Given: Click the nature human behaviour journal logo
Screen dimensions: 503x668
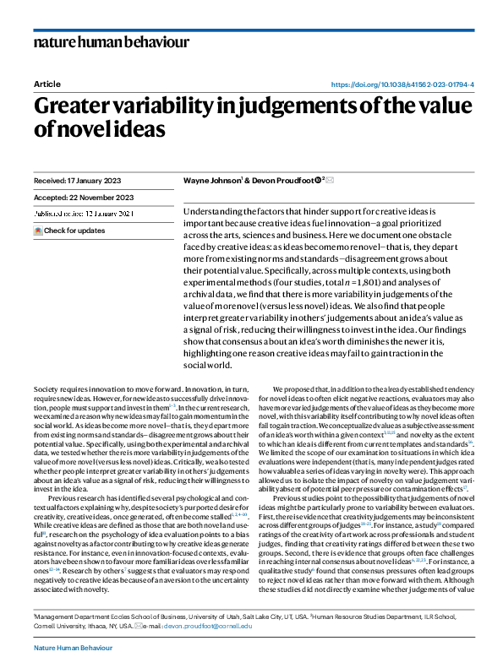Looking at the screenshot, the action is point(111,42).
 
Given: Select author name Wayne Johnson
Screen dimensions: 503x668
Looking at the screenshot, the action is point(211,182).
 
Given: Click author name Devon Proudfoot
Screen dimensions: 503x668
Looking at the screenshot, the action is point(278,182).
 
